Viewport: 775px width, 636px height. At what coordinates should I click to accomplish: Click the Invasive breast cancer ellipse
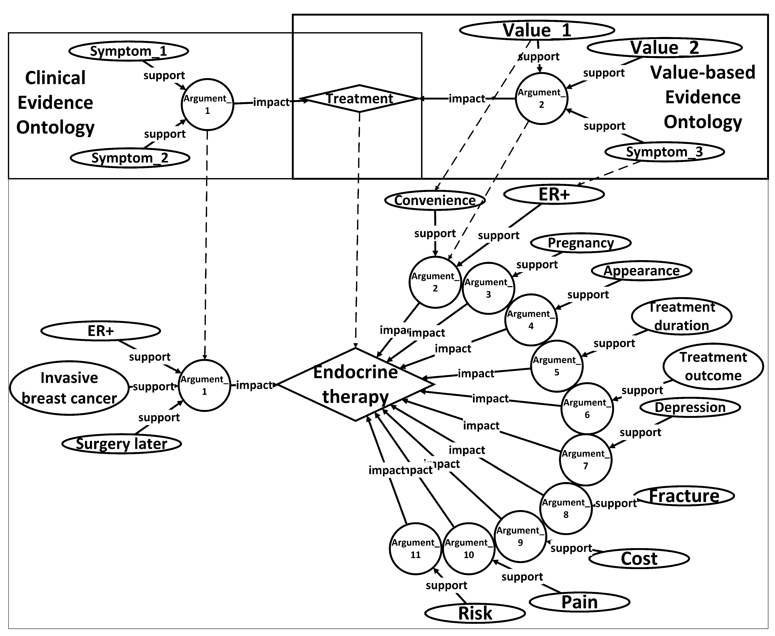click(69, 388)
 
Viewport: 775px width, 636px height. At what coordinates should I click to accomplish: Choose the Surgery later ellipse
click(122, 444)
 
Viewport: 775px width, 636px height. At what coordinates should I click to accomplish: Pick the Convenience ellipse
click(435, 200)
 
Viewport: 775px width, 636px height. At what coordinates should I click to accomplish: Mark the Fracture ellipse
click(684, 496)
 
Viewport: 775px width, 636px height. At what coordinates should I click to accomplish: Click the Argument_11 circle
click(415, 549)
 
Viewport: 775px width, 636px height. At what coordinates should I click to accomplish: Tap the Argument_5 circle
click(557, 366)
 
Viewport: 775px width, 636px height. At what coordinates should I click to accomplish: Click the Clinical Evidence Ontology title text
click(55, 103)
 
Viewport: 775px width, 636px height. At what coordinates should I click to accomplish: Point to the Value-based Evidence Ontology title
click(703, 97)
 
